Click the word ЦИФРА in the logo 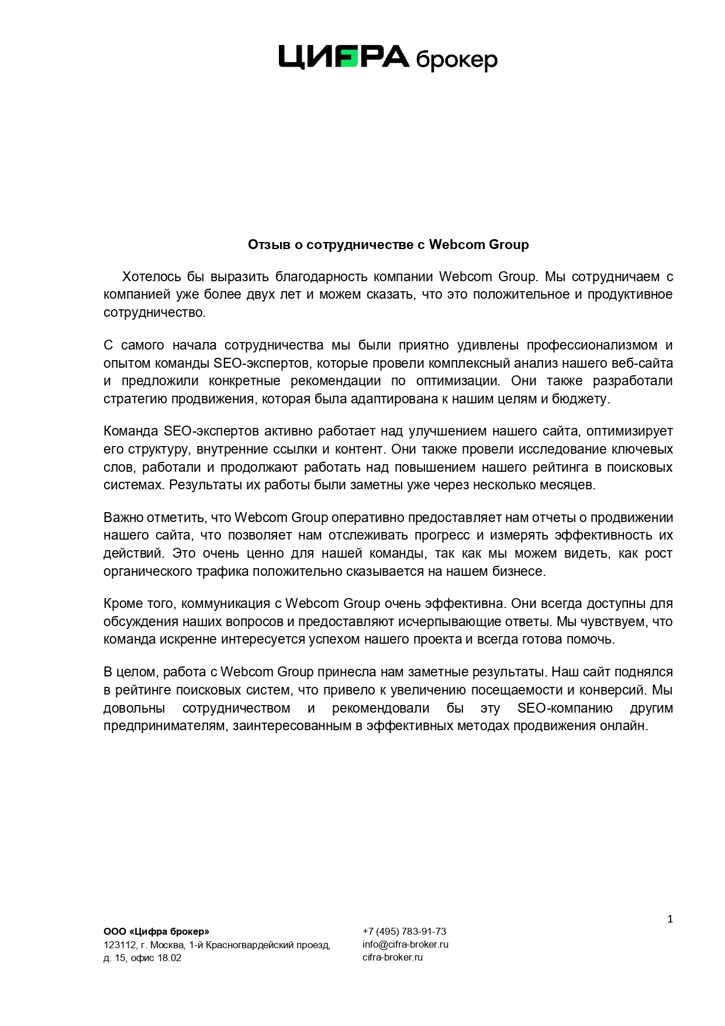343,57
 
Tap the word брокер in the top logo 456,60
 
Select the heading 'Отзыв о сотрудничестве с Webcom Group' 388,244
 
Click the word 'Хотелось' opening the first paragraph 151,277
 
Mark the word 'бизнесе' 520,572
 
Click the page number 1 670,919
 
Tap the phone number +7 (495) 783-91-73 404,931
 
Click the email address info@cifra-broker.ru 405,944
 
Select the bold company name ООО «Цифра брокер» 156,931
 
